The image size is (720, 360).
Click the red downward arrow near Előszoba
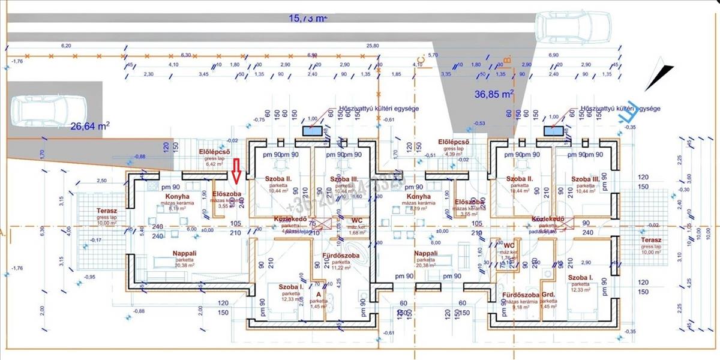(x=236, y=170)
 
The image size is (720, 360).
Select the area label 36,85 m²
(x=494, y=94)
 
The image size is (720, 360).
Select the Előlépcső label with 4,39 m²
(x=453, y=142)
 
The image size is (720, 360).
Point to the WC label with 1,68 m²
(x=358, y=220)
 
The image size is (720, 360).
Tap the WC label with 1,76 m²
(x=509, y=246)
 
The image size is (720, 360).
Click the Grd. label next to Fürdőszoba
(x=548, y=295)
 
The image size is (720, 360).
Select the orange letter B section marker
(x=507, y=61)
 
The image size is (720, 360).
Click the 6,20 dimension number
(x=67, y=46)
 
